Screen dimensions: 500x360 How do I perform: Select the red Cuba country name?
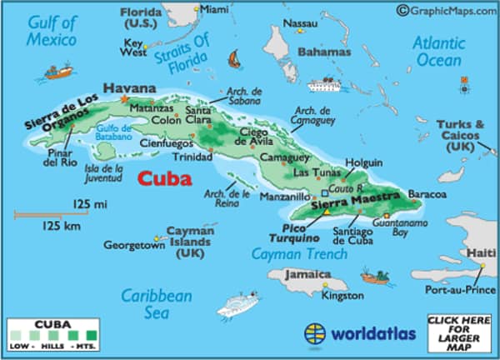pos(164,177)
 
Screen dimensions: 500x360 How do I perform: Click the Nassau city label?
pos(301,22)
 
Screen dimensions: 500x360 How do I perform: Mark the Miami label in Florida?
pos(214,9)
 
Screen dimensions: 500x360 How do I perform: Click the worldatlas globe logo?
pos(315,334)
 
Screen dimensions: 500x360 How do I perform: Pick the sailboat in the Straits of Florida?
pos(236,60)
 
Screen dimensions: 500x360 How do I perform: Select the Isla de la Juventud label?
pos(104,172)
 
